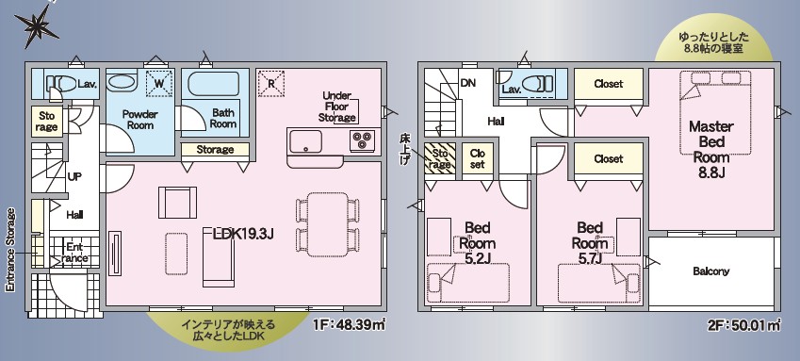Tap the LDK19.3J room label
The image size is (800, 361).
click(x=244, y=234)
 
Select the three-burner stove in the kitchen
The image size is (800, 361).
click(x=362, y=140)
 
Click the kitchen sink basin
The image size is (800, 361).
click(x=305, y=141)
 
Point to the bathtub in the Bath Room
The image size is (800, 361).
click(x=213, y=84)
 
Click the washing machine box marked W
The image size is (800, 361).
click(x=159, y=84)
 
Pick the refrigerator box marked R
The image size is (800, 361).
click(x=271, y=83)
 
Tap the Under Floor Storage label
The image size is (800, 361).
click(x=336, y=107)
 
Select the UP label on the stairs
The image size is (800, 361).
click(x=75, y=177)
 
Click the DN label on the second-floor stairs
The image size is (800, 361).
click(x=468, y=83)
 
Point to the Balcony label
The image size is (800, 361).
click(x=711, y=271)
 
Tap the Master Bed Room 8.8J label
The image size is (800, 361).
click(x=711, y=149)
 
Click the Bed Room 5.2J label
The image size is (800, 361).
click(x=477, y=242)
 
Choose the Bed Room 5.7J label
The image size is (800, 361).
click(x=590, y=242)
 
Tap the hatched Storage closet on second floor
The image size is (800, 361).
click(x=440, y=158)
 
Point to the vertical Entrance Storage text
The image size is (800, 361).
click(x=10, y=250)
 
